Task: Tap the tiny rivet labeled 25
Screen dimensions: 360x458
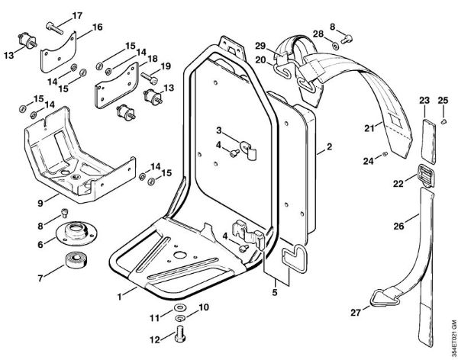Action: click(x=443, y=121)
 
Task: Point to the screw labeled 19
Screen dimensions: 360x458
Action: click(x=148, y=77)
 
